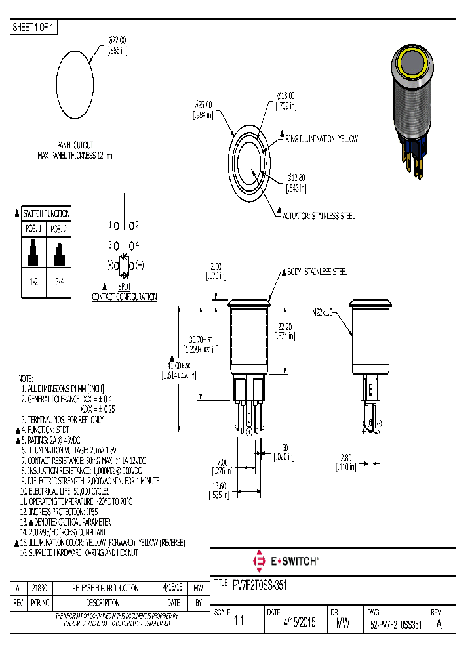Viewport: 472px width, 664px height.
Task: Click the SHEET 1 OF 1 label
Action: (x=35, y=27)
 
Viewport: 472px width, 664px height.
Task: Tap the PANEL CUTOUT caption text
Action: (x=75, y=144)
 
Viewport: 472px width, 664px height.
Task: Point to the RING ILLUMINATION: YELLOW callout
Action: (x=321, y=139)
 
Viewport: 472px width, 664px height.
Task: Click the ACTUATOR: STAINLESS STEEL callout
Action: (x=318, y=216)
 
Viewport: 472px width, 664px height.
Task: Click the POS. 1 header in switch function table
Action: (x=33, y=229)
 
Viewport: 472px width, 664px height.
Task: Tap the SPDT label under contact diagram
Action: (x=124, y=287)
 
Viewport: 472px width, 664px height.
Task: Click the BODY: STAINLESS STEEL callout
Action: (x=317, y=271)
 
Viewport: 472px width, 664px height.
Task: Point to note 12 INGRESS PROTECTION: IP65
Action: (x=64, y=510)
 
